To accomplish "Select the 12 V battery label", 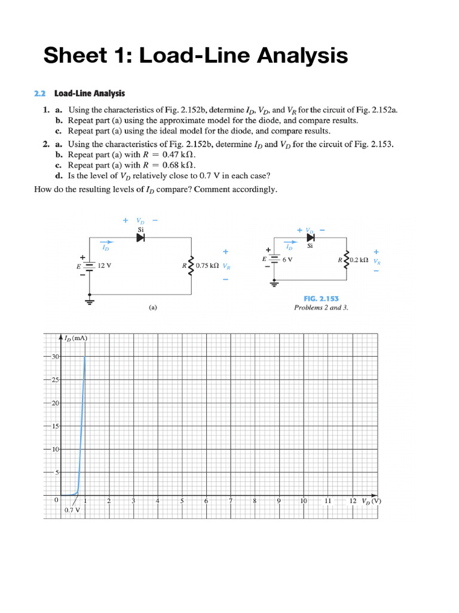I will [105, 265].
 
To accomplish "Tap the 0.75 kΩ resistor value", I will [207, 265].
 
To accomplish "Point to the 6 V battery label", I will [287, 260].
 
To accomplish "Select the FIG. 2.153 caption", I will [320, 299].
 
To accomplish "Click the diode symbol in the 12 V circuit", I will [140, 238].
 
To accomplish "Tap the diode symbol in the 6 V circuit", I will [310, 238].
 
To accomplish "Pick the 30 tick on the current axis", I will [55, 357].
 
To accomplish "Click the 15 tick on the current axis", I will [55, 426].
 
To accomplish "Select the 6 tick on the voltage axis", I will [206, 500].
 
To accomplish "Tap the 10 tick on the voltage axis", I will [304, 500].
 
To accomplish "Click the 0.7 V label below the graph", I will [72, 510].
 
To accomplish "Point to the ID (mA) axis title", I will [76, 338].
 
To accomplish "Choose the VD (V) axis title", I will [371, 500].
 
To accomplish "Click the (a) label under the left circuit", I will [153, 308].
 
